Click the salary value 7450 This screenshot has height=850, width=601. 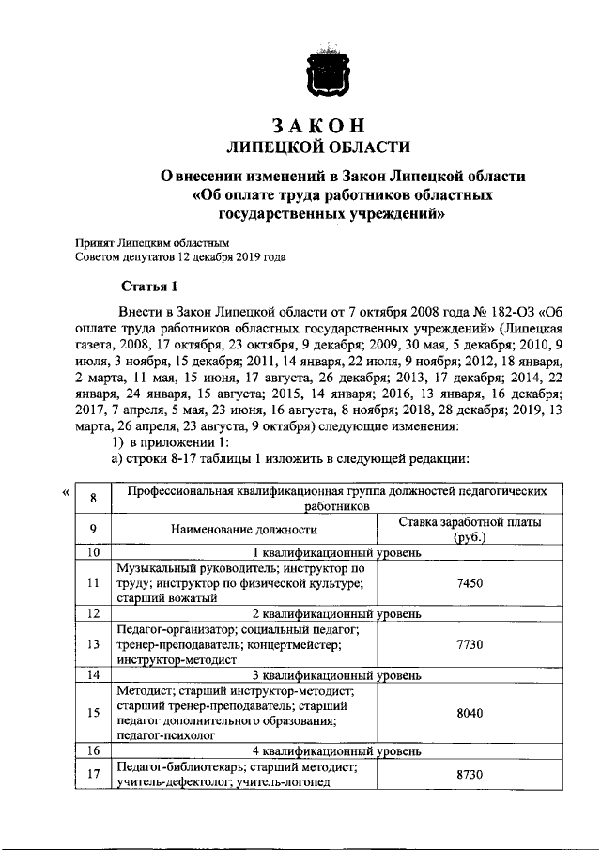click(x=469, y=583)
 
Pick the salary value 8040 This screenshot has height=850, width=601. click(x=469, y=713)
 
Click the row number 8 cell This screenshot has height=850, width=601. click(x=93, y=498)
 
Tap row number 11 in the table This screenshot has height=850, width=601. click(x=93, y=583)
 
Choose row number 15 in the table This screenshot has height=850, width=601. click(x=93, y=713)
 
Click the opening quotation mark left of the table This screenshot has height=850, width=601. click(x=63, y=491)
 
